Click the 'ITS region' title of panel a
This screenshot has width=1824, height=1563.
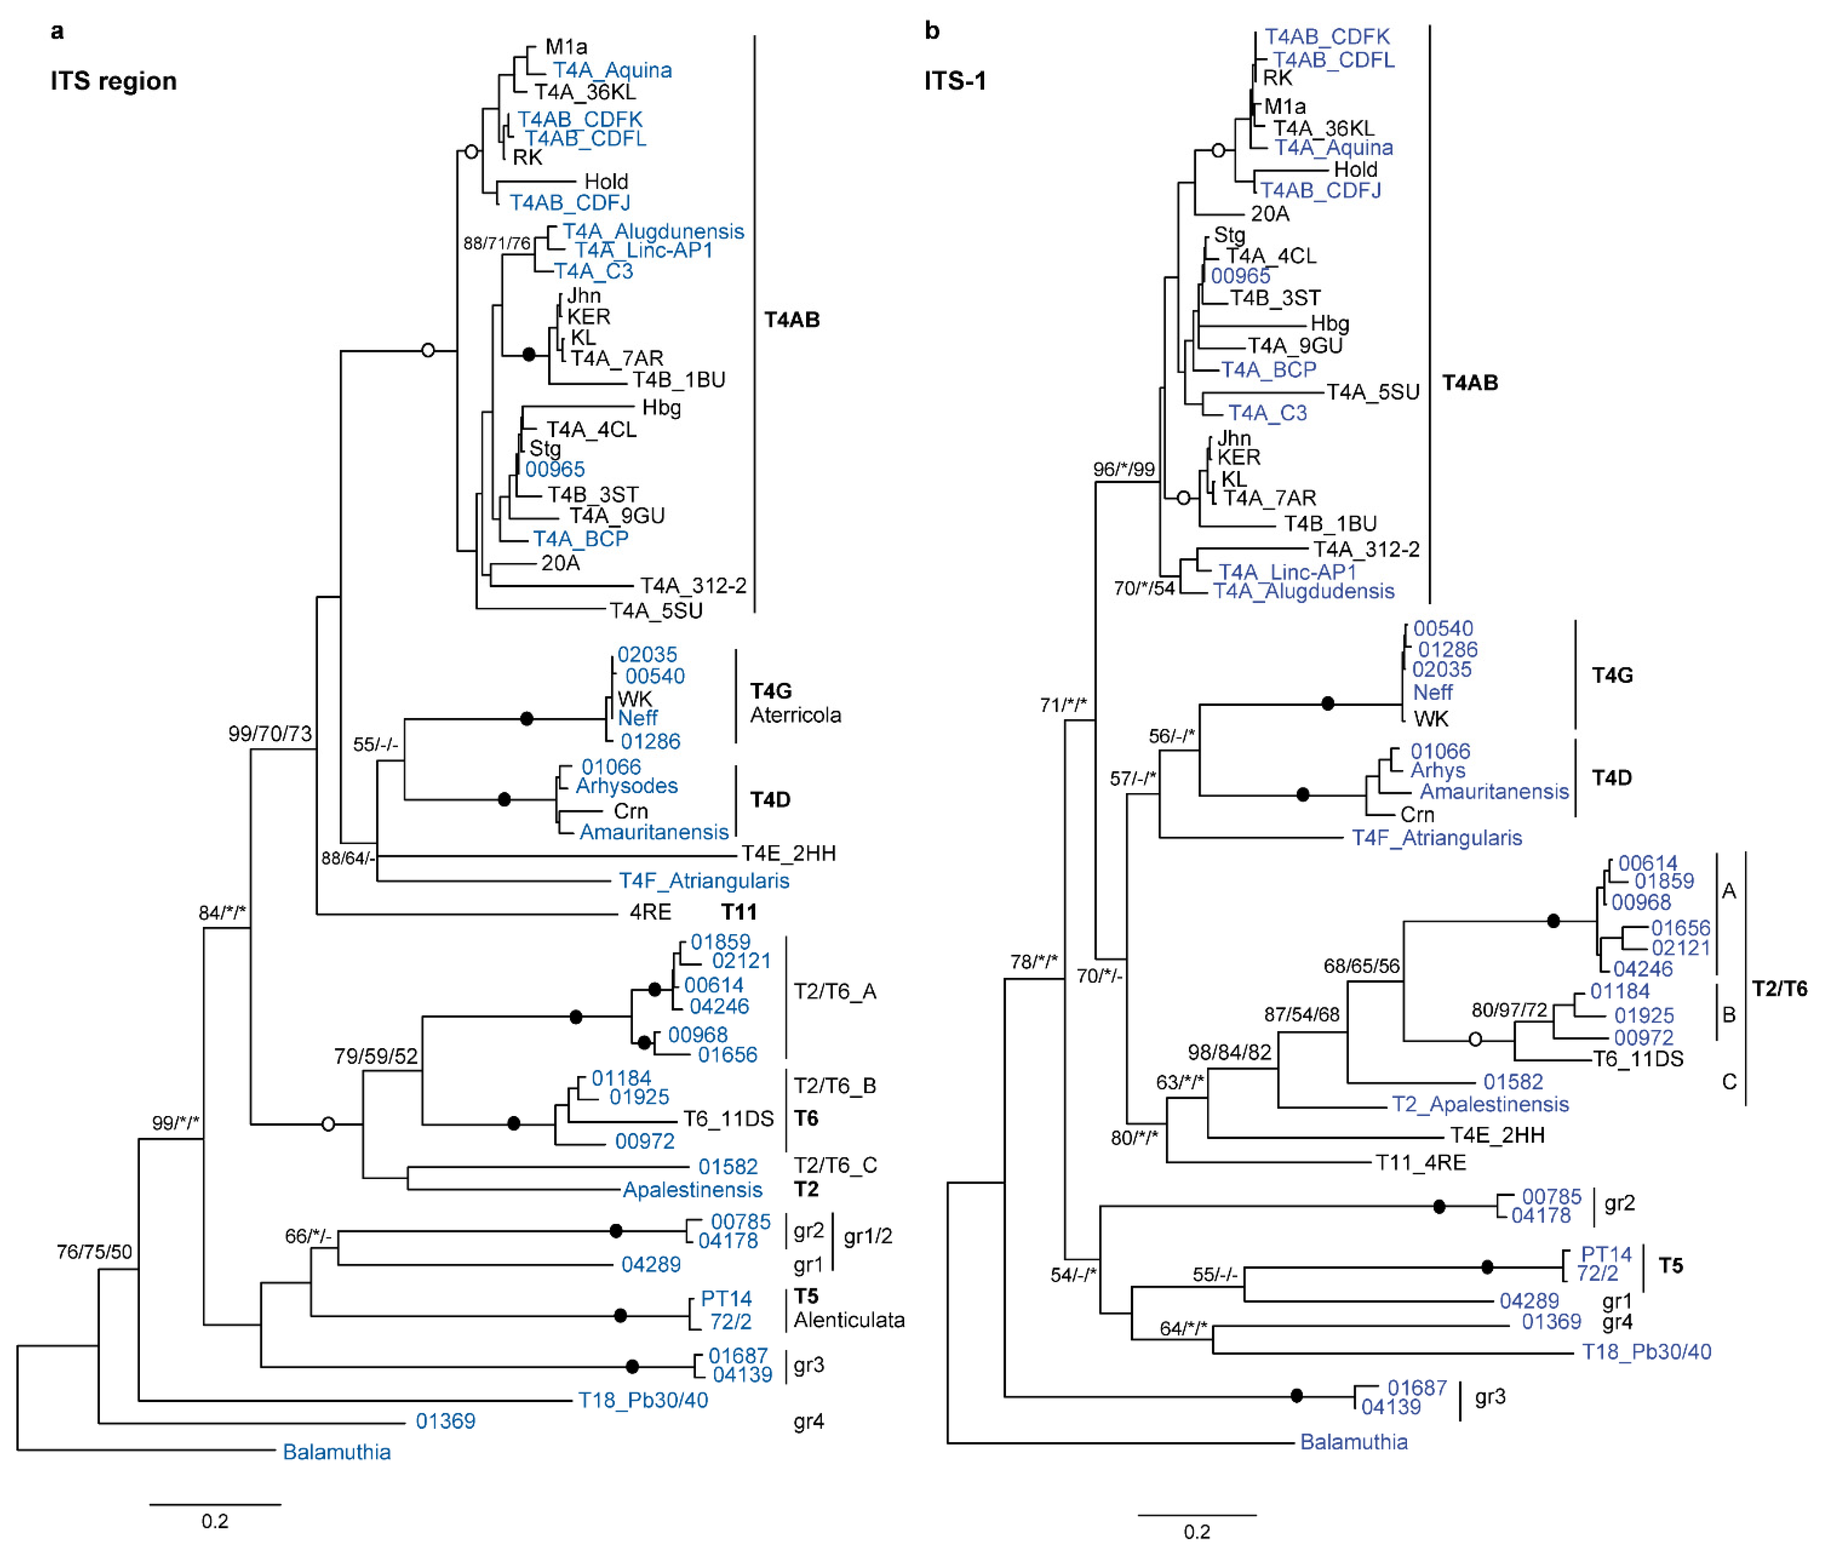coord(114,81)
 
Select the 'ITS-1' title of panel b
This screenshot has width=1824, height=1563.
coord(955,81)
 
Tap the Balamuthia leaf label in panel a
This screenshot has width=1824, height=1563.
coord(336,1452)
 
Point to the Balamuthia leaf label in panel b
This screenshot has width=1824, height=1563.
coord(1354,1441)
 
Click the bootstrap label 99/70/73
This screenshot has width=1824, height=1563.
coord(270,734)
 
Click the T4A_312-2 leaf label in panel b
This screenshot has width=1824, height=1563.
coord(1366,550)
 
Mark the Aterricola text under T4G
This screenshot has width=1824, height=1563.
coord(795,715)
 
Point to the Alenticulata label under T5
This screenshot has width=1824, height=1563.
coord(849,1320)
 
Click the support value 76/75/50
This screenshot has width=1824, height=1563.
coord(94,1251)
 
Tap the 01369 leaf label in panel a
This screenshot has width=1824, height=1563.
coord(445,1421)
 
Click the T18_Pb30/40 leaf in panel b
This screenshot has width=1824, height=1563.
coord(1646,1352)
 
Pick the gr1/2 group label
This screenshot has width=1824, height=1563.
coord(868,1236)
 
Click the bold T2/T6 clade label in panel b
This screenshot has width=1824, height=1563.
coord(1779,989)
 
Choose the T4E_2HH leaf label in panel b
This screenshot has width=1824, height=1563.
coord(1498,1135)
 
